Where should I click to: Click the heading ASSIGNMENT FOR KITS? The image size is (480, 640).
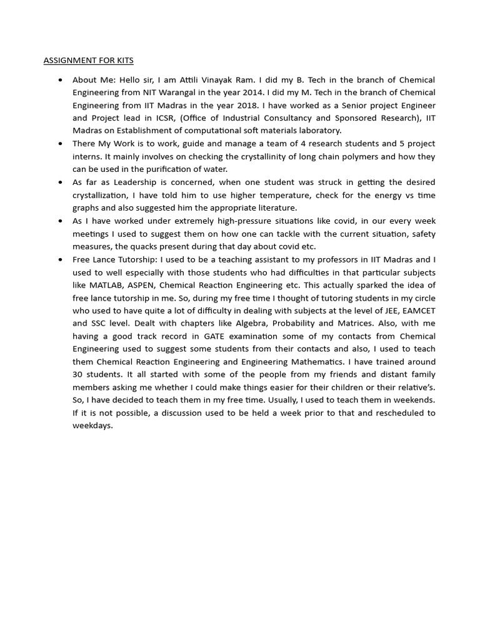(x=88, y=61)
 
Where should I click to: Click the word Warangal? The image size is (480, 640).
(x=189, y=92)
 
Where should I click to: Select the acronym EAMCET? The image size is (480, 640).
(x=417, y=311)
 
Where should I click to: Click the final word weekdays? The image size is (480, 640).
(x=92, y=426)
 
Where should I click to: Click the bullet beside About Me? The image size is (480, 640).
(x=60, y=80)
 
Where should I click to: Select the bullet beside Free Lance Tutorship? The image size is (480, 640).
(x=60, y=259)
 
